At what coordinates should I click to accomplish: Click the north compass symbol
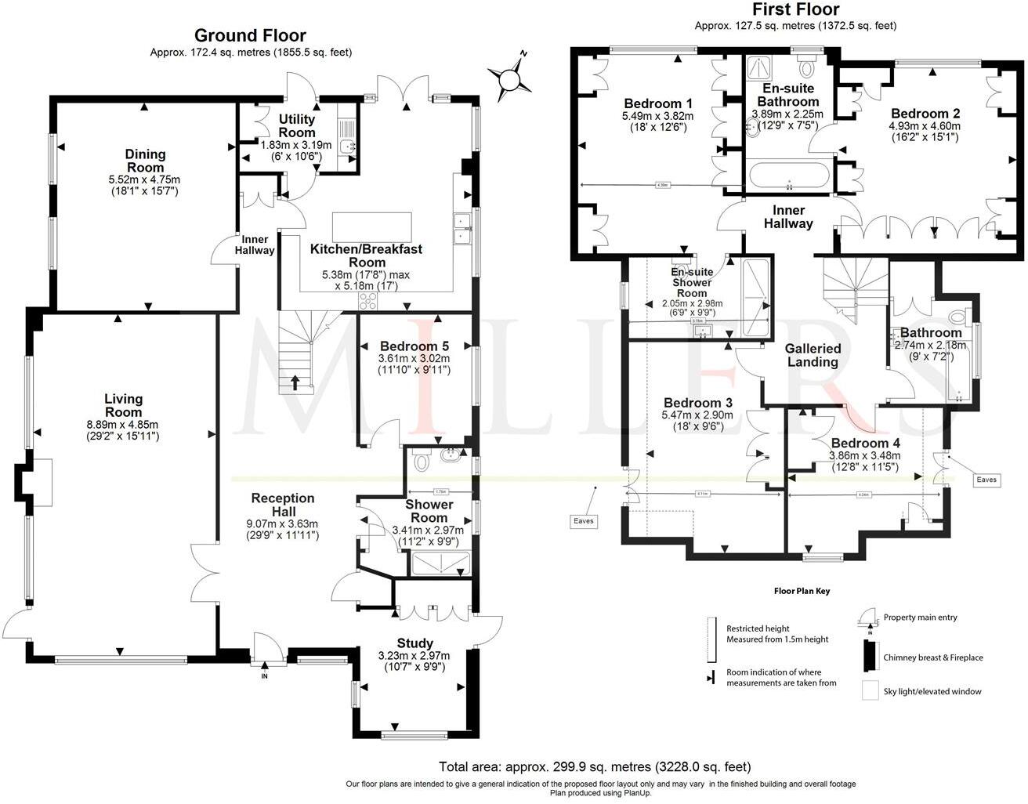(509, 77)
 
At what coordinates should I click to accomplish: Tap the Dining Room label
(146, 161)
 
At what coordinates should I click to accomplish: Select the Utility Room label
(297, 125)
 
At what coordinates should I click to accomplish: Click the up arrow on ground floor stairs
(295, 382)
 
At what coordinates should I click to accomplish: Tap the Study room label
(414, 643)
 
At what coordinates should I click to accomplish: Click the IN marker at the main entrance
(264, 675)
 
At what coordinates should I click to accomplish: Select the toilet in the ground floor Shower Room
(421, 462)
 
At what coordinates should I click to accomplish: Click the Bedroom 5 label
(414, 346)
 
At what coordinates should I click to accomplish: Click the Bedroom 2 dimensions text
(925, 131)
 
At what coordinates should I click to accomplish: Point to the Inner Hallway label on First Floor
(788, 216)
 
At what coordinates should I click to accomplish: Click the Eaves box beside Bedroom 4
(986, 479)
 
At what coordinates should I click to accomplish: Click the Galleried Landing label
(813, 355)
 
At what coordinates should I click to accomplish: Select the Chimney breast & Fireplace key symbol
(869, 656)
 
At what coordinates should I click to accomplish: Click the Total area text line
(595, 766)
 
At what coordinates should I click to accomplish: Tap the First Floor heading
(795, 9)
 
